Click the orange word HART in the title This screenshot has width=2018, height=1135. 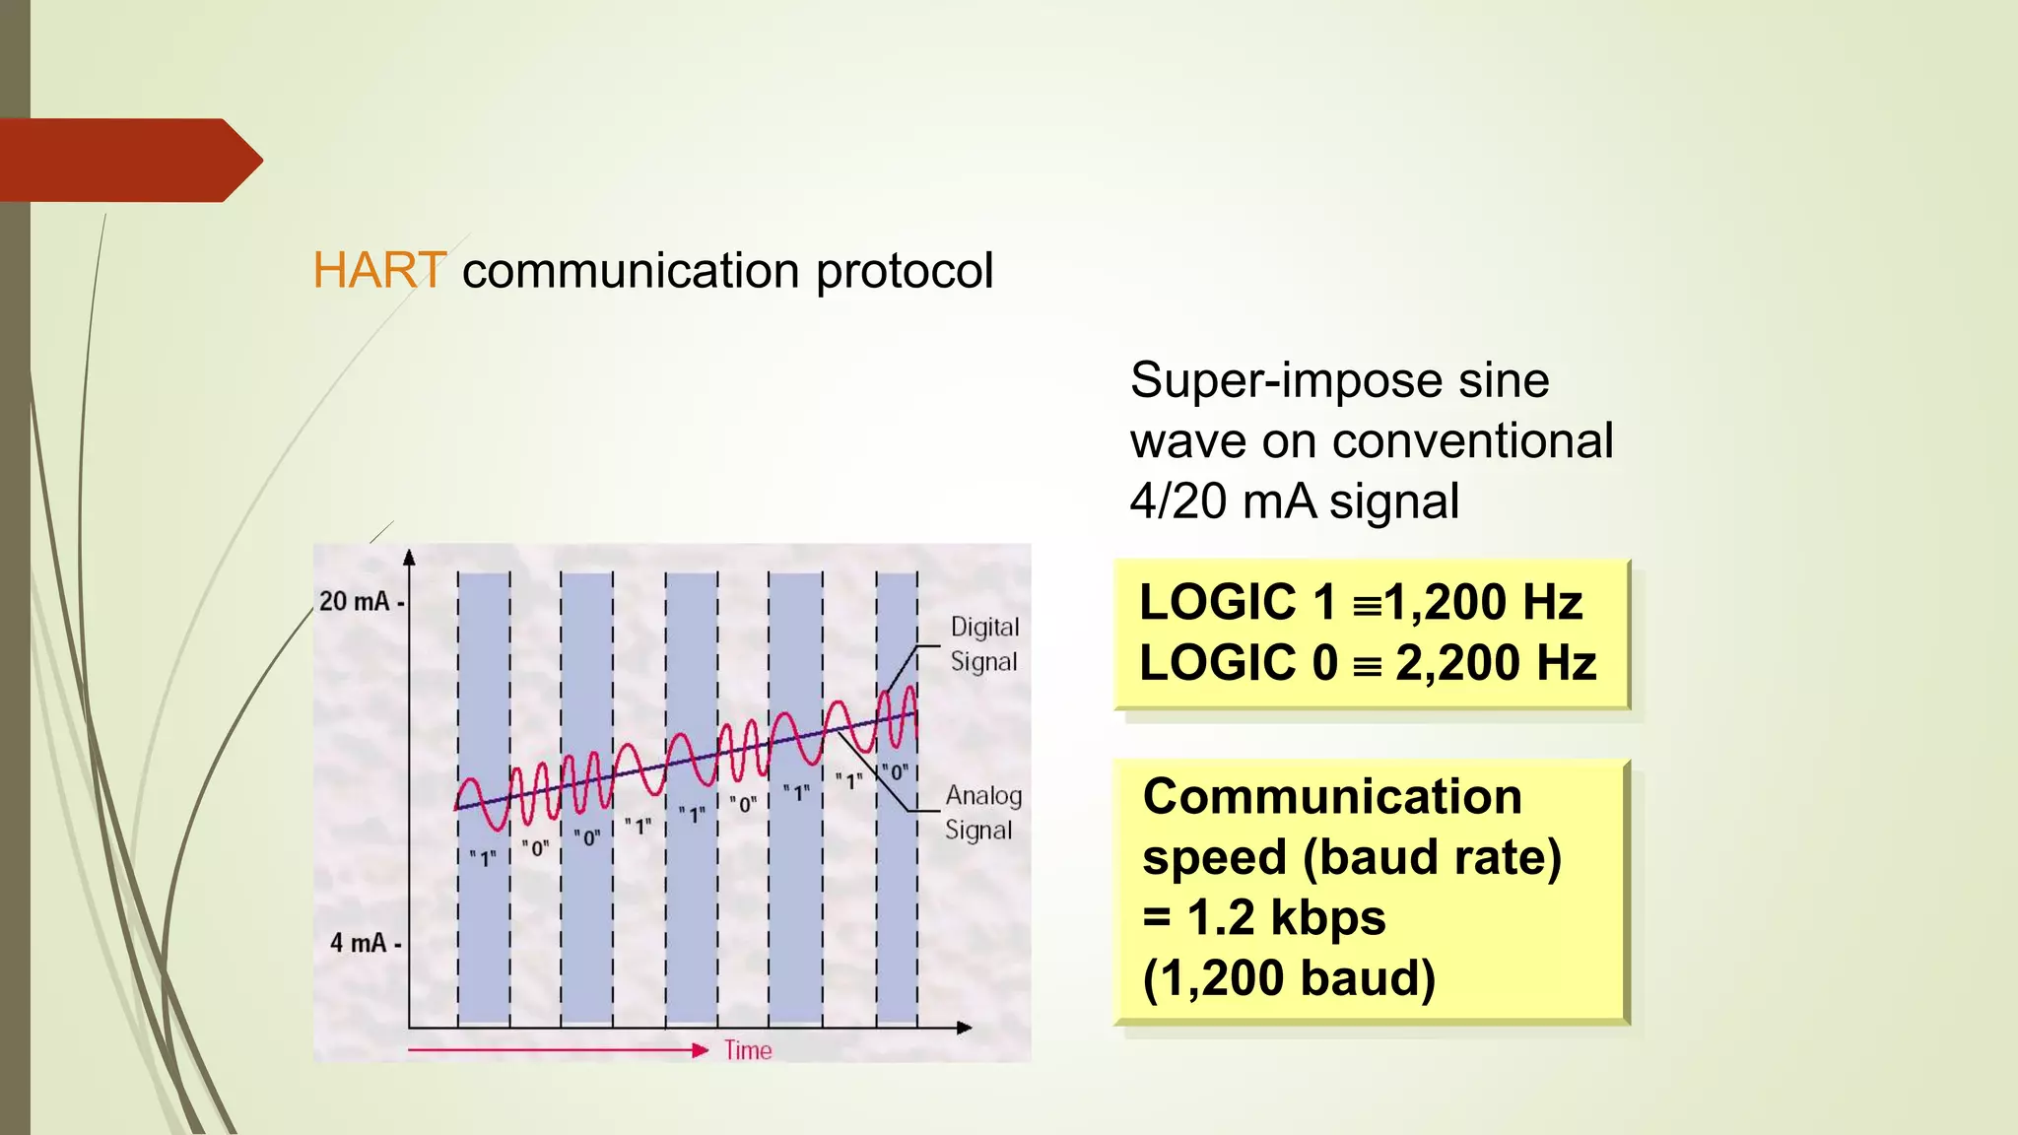[x=379, y=270]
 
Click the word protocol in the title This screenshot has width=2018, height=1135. [x=904, y=272]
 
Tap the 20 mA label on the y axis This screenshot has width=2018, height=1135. [x=355, y=601]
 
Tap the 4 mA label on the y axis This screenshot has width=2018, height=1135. [x=359, y=943]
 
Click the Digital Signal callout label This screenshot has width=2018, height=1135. [x=983, y=644]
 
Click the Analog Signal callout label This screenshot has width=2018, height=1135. [x=982, y=812]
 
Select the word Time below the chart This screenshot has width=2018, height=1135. [x=748, y=1050]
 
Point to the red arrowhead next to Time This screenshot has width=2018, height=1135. [x=701, y=1050]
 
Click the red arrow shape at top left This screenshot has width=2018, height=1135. [x=128, y=160]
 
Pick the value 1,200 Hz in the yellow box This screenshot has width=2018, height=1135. [x=1483, y=602]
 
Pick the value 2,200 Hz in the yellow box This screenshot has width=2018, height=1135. [x=1495, y=662]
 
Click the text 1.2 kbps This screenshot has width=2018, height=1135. [x=1286, y=917]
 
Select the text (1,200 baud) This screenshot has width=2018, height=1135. [x=1288, y=978]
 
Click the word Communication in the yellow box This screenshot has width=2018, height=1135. [x=1331, y=796]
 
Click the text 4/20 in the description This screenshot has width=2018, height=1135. [x=1177, y=501]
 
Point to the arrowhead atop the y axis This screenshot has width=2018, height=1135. [x=409, y=557]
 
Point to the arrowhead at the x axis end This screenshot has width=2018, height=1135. [x=965, y=1028]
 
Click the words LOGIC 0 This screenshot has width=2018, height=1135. [x=1238, y=662]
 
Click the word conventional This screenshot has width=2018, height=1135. [x=1472, y=440]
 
